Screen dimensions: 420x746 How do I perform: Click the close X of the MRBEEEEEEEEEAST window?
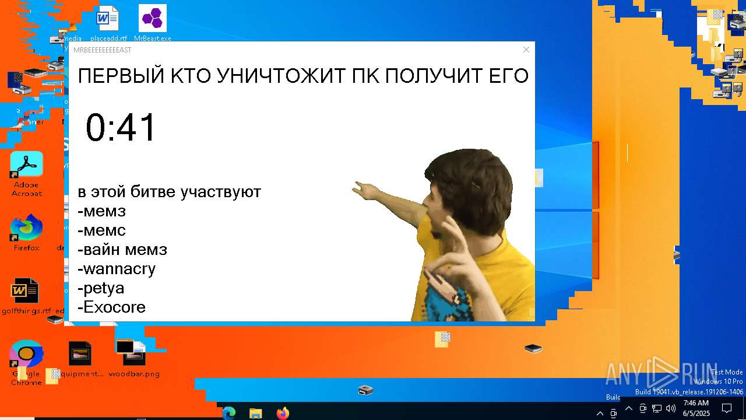(x=526, y=50)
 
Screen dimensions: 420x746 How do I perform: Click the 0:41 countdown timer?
(x=121, y=127)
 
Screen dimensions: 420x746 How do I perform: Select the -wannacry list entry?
(x=117, y=269)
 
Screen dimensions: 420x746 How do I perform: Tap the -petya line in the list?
(x=101, y=288)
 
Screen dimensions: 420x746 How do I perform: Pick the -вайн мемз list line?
(x=122, y=250)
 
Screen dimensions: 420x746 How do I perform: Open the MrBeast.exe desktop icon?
(x=153, y=19)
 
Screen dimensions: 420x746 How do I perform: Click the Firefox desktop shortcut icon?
(x=27, y=228)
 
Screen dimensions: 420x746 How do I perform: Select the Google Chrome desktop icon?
(x=26, y=354)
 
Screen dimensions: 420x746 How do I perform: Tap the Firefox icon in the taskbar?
(x=283, y=413)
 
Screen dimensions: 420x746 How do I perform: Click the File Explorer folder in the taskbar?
(x=255, y=413)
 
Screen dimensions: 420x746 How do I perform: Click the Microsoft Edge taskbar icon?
(x=228, y=413)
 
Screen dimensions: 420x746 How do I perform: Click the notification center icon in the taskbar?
(x=727, y=408)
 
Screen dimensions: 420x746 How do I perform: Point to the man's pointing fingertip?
(x=355, y=186)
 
